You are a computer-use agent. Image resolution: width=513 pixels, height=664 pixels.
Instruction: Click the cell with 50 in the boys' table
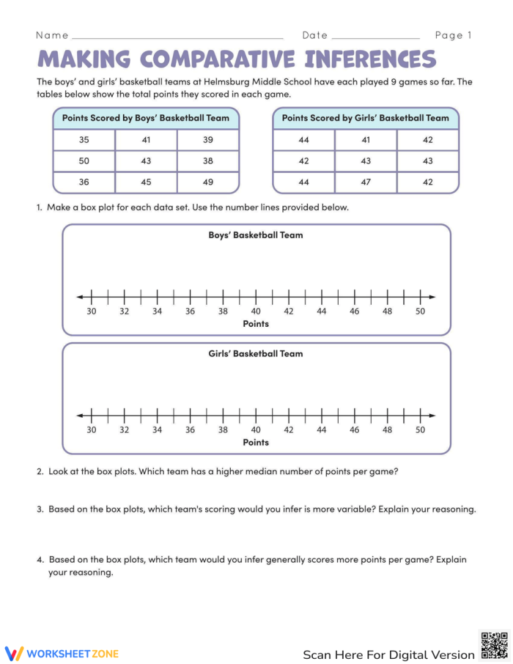point(84,161)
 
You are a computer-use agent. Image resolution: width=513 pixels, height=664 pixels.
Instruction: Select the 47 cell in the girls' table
point(366,182)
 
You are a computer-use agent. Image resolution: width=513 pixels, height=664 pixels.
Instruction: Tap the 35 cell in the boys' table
point(84,140)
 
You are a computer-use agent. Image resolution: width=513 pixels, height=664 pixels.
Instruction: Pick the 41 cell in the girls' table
point(366,140)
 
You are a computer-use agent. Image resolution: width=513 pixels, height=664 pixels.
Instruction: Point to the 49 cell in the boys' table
point(208,182)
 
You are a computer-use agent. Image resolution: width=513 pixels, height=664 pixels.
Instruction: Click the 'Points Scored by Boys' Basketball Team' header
point(146,118)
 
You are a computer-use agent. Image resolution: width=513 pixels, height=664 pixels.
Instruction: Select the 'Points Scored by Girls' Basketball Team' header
point(366,118)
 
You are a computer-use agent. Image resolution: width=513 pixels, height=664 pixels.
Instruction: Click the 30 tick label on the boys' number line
point(91,311)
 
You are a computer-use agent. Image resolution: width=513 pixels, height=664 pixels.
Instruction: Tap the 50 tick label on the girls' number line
point(421,429)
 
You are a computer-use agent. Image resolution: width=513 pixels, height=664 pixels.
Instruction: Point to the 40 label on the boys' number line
point(256,311)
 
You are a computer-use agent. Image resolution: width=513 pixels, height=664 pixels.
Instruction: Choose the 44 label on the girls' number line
point(322,429)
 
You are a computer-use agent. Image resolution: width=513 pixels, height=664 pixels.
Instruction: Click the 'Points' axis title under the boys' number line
point(256,323)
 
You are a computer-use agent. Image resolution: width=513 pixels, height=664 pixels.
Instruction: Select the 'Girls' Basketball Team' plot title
point(256,353)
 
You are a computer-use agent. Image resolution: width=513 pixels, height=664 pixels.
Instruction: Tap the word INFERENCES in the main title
point(371,59)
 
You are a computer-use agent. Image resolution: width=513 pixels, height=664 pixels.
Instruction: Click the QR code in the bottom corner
point(493,645)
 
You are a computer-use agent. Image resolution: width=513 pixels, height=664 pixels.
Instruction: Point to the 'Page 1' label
point(453,35)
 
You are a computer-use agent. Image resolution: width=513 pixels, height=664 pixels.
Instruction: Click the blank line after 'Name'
point(177,37)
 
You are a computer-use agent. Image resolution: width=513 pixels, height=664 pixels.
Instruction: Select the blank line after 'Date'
point(375,37)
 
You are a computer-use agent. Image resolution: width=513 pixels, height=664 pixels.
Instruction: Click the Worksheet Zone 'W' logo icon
point(15,653)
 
